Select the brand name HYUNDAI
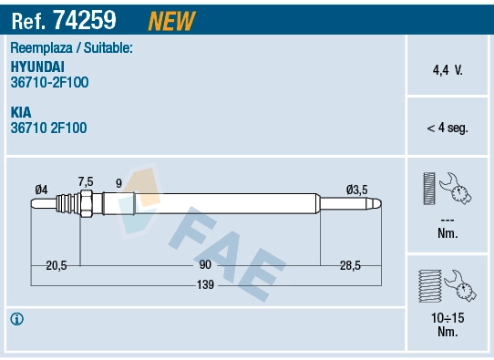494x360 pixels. point(38,67)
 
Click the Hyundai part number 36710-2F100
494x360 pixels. point(49,82)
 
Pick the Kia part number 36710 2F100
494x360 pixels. point(48,129)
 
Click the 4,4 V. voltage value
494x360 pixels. point(447,69)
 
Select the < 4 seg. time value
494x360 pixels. point(447,129)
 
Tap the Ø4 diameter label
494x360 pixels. point(41,189)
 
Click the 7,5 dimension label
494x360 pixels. point(86,180)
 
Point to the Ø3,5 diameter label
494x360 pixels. point(356,189)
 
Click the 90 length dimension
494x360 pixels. point(205,264)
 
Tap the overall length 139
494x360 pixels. point(205,285)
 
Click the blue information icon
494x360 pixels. point(16,319)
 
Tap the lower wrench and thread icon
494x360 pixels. point(446,287)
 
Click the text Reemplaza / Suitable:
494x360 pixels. point(72,47)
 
